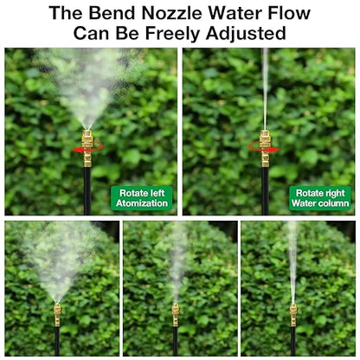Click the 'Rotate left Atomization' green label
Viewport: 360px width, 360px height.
click(x=143, y=197)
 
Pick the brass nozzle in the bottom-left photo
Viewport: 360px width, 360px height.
click(x=57, y=312)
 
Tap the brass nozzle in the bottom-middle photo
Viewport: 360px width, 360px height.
click(x=175, y=313)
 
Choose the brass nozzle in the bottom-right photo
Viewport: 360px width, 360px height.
click(x=292, y=313)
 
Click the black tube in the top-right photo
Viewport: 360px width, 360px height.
click(x=265, y=190)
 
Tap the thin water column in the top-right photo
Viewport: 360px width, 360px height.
click(x=265, y=87)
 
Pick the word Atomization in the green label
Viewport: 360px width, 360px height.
click(x=143, y=203)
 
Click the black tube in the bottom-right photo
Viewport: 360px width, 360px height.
click(x=292, y=342)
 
